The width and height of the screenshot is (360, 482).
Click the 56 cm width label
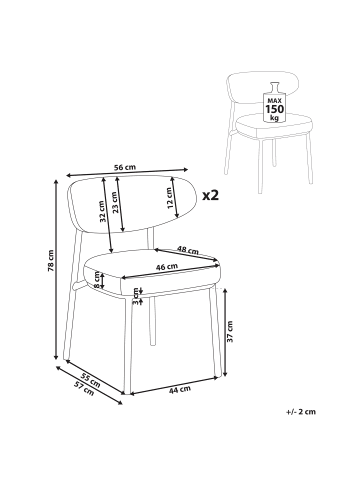click(x=125, y=167)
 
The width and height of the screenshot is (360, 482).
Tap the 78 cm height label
click(x=50, y=260)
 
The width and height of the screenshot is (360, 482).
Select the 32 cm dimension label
click(x=103, y=212)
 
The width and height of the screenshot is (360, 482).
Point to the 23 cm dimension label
click(x=115, y=202)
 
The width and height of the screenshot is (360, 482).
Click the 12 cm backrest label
click(x=169, y=198)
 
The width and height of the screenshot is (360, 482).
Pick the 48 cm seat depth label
click(x=188, y=250)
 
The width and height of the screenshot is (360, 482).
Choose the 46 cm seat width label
click(x=167, y=266)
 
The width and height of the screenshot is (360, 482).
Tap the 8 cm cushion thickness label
click(x=97, y=280)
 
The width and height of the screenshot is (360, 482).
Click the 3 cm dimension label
click(x=135, y=296)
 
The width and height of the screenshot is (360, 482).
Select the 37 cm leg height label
click(x=230, y=331)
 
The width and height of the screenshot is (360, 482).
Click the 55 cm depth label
click(x=91, y=380)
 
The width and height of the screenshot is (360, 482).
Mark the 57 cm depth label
click(x=84, y=388)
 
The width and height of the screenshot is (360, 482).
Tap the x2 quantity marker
click(x=211, y=195)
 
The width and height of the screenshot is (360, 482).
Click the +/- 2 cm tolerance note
click(x=301, y=412)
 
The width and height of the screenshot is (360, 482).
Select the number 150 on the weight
click(x=275, y=109)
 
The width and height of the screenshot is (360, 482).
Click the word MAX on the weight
click(x=275, y=100)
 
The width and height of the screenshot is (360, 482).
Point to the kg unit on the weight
click(x=275, y=117)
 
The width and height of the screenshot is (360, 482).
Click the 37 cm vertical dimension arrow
click(x=225, y=332)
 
